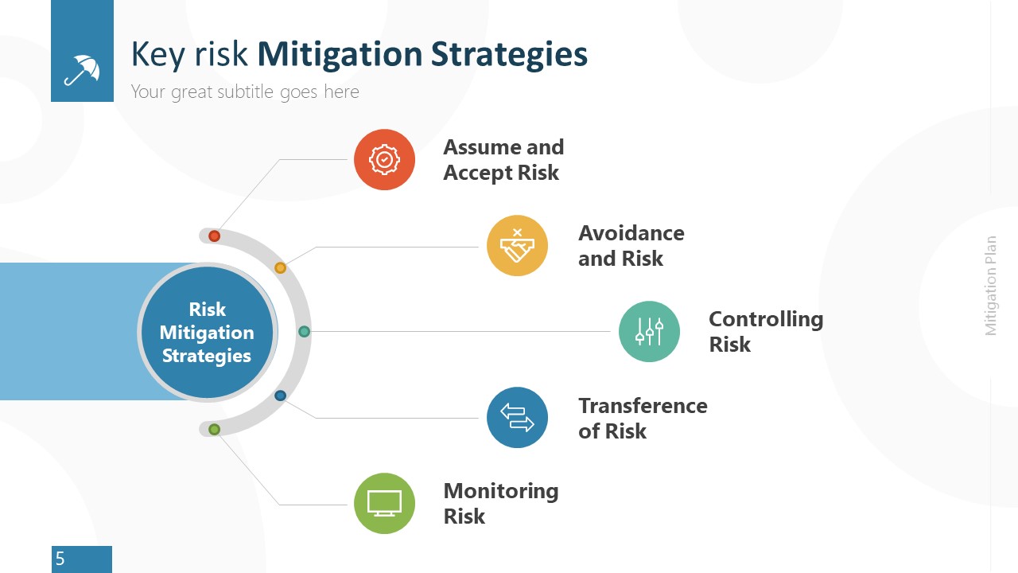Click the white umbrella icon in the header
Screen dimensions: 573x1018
pyautogui.click(x=82, y=69)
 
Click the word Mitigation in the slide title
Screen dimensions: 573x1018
pyautogui.click(x=340, y=54)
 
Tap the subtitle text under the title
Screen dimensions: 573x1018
pyautogui.click(x=245, y=92)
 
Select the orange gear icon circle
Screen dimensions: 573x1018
pyautogui.click(x=384, y=160)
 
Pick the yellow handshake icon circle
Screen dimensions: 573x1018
pyautogui.click(x=517, y=246)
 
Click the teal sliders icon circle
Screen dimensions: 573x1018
pyautogui.click(x=649, y=331)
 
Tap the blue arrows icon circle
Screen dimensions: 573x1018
pyautogui.click(x=517, y=417)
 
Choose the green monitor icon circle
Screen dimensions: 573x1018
pyautogui.click(x=384, y=503)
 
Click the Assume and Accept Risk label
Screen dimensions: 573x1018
pyautogui.click(x=503, y=160)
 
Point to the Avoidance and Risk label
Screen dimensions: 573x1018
pyautogui.click(x=631, y=246)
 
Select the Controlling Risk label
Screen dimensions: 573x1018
pyautogui.click(x=765, y=331)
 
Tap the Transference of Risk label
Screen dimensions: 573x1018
pyautogui.click(x=642, y=418)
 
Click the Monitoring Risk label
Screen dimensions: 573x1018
pyautogui.click(x=500, y=503)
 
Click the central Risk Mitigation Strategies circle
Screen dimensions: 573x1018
pyautogui.click(x=207, y=333)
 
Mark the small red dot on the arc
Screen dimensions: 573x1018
pyautogui.click(x=214, y=236)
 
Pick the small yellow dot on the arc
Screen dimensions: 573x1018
pyautogui.click(x=280, y=267)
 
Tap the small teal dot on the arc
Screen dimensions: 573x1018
pyautogui.click(x=304, y=331)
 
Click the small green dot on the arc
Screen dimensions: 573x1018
pyautogui.click(x=214, y=430)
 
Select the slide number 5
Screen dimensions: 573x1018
pyautogui.click(x=60, y=559)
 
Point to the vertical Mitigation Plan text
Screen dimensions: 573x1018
pyautogui.click(x=991, y=286)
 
